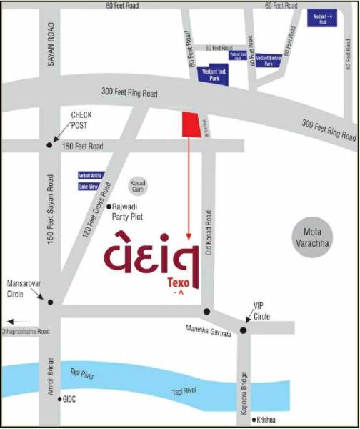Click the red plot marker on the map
191,124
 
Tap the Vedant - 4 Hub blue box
323,19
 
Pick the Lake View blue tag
89,187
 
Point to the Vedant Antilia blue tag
91,175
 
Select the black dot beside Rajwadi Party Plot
108,207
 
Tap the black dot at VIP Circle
244,330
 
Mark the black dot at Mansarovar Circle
50,301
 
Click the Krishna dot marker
254,420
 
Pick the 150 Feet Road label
82,146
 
